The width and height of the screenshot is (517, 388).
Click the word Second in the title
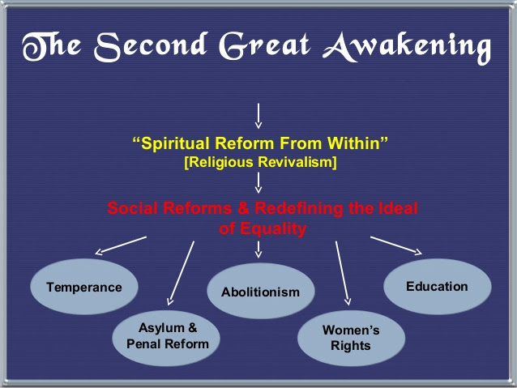pos(151,46)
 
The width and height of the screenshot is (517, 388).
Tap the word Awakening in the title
pos(407,48)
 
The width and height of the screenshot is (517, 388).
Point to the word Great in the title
pos(265,46)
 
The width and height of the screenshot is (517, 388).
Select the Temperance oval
pos(84,287)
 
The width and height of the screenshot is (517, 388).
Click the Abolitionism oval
pos(260,291)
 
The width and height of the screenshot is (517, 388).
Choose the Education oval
pos(438,287)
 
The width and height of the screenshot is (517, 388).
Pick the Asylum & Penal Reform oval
pos(166,338)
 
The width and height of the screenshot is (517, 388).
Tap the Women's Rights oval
pos(351,338)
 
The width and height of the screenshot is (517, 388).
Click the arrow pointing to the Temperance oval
pos(121,245)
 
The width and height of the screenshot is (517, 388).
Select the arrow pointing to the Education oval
pos(396,245)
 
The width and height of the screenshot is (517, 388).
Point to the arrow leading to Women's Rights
pos(343,273)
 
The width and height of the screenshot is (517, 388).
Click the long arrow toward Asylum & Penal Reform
pos(181,273)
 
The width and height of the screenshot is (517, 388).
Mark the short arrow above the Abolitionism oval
pos(258,249)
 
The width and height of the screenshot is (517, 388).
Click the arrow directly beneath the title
pos(258,116)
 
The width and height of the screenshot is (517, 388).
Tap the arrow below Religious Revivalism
pos(258,182)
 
